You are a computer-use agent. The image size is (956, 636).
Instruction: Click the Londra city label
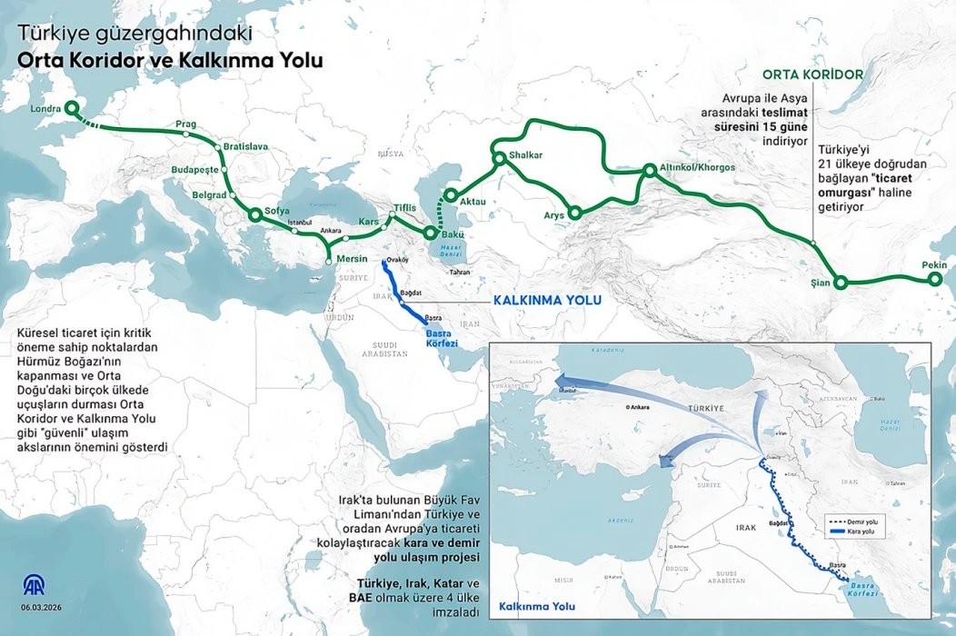click(x=45, y=109)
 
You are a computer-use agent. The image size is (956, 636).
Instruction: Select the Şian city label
click(x=821, y=283)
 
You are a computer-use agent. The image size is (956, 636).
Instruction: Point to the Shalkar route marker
click(x=499, y=160)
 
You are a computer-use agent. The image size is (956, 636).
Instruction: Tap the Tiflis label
click(x=404, y=208)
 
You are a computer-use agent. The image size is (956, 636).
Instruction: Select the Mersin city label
click(x=351, y=259)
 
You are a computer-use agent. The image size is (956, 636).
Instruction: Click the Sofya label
click(x=276, y=211)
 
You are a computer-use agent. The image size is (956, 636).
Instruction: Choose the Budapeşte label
click(x=194, y=170)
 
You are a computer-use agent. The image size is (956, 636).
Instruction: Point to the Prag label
click(x=186, y=124)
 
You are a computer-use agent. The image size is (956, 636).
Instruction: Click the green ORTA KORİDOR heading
click(x=812, y=74)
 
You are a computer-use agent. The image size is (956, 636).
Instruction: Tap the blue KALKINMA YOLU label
click(x=547, y=301)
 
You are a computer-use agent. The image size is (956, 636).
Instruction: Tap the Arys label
click(x=554, y=215)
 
